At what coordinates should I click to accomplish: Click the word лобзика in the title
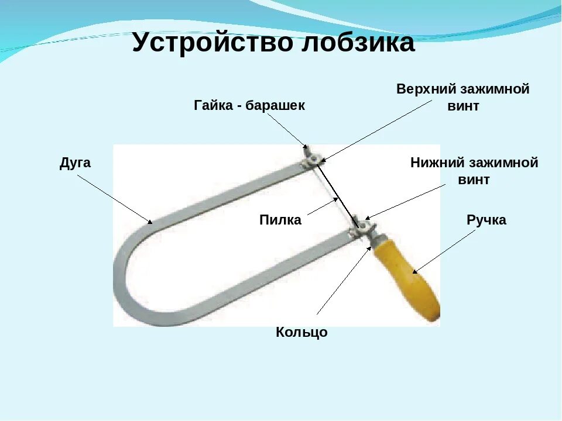[x=357, y=43]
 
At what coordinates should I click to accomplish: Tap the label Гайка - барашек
[x=249, y=105]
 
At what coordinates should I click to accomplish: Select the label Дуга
[x=75, y=163]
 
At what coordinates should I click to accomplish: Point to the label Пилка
[x=280, y=220]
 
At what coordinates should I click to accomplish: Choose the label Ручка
[x=486, y=220]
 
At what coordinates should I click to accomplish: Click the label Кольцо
[x=301, y=333]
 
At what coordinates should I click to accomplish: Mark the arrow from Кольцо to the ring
[x=343, y=278]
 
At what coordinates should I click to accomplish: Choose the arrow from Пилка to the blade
[x=323, y=208]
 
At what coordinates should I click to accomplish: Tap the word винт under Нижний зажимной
[x=474, y=180]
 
